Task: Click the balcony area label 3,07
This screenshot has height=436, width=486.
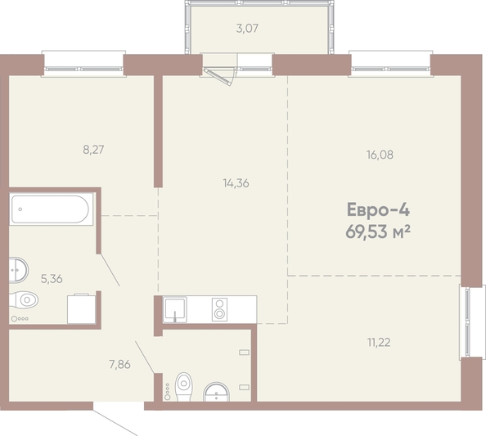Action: coord(247,29)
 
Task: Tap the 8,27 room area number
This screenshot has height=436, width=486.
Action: coord(93,150)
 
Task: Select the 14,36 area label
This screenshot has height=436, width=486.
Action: coord(236,183)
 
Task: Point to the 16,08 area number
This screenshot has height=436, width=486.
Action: coord(380,155)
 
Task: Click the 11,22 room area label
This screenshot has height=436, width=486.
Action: coord(379,343)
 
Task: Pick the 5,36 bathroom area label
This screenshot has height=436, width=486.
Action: coord(52,279)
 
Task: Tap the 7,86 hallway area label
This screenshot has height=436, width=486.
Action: coord(119,364)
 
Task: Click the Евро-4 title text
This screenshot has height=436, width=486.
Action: coord(378,209)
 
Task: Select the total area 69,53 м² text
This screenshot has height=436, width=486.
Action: coord(378,231)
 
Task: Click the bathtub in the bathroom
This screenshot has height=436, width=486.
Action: coord(52,209)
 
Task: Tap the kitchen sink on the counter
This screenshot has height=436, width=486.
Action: coord(175,309)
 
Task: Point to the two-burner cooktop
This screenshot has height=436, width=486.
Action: coord(219,309)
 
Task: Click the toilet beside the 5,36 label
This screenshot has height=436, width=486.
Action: coord(25,300)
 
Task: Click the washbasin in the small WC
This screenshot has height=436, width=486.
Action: coord(216,393)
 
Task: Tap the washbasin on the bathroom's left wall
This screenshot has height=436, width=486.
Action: coord(19,270)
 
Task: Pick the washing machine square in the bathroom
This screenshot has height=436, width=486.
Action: coord(82,309)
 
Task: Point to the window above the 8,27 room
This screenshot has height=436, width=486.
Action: coord(83,64)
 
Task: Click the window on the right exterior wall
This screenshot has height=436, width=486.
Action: coord(472,322)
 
